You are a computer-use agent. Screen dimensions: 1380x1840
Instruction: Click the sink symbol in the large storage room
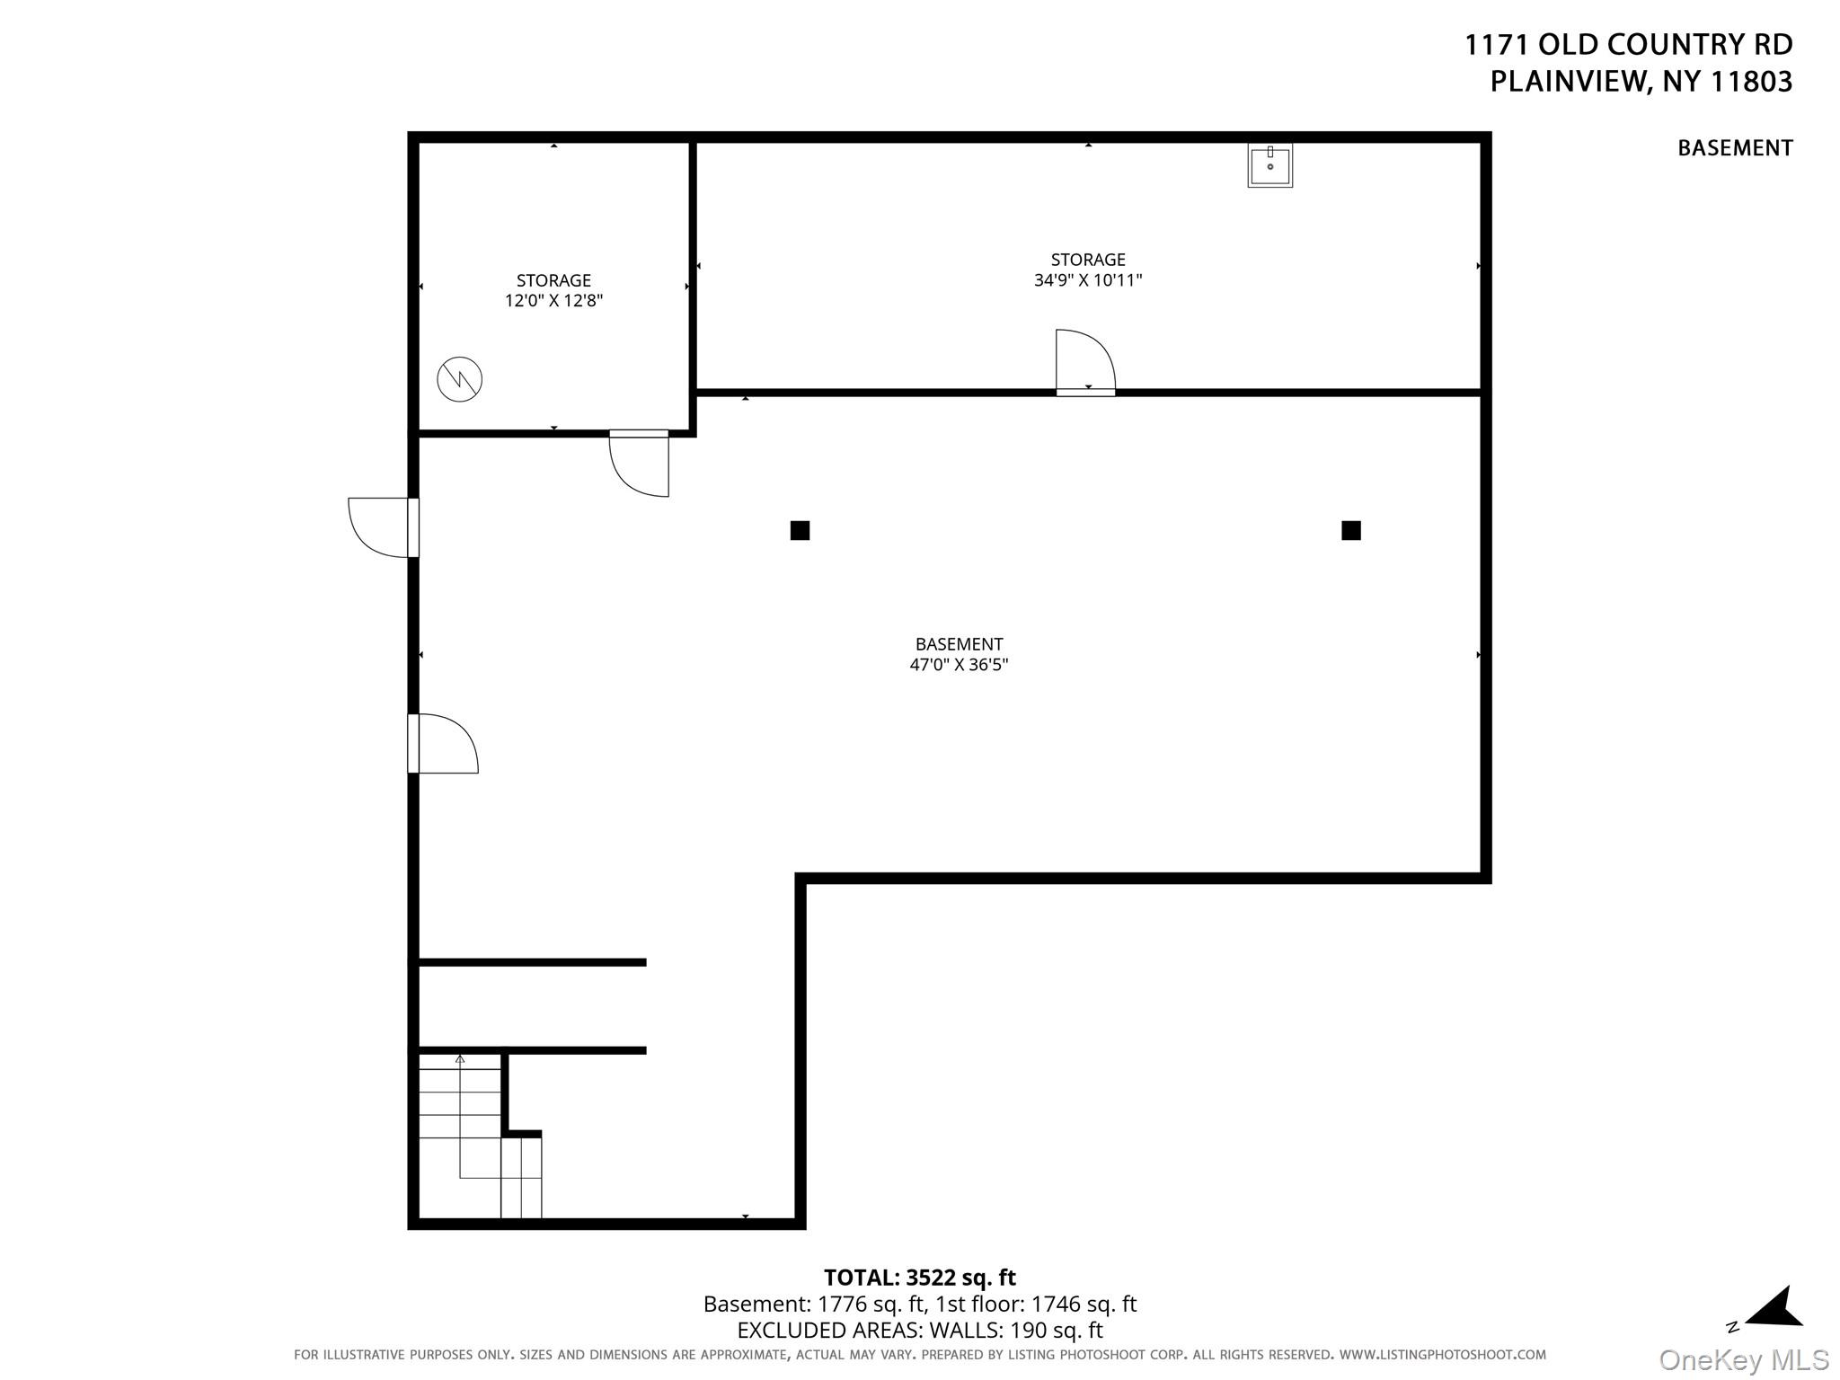click(x=1269, y=165)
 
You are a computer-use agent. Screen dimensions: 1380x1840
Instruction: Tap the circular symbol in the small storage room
click(x=459, y=379)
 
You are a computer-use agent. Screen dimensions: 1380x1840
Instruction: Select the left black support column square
click(x=800, y=530)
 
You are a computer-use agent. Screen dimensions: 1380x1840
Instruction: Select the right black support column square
click(x=1350, y=530)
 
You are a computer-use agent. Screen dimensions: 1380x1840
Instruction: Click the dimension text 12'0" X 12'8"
click(x=553, y=301)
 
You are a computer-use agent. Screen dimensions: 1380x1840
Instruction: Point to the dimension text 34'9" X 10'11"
click(x=1087, y=280)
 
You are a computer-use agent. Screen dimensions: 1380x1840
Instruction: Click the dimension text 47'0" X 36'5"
click(x=959, y=665)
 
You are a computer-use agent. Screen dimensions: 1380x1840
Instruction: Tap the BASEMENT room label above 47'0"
click(x=959, y=644)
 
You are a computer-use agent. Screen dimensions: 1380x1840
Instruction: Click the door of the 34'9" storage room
click(x=1084, y=364)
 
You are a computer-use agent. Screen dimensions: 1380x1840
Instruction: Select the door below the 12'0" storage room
click(x=639, y=463)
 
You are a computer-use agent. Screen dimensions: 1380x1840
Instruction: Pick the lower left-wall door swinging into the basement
click(x=443, y=743)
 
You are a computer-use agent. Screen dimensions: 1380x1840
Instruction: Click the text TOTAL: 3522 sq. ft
click(x=919, y=1277)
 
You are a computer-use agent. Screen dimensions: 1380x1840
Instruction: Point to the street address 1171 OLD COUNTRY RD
click(x=1628, y=45)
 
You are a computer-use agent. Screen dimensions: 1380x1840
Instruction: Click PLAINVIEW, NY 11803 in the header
click(x=1641, y=82)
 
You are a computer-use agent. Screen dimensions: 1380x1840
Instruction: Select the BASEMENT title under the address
click(x=1734, y=148)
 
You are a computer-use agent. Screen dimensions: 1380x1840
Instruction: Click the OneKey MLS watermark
click(x=1743, y=1360)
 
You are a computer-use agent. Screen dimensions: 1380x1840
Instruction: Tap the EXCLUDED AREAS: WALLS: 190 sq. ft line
click(x=919, y=1330)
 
